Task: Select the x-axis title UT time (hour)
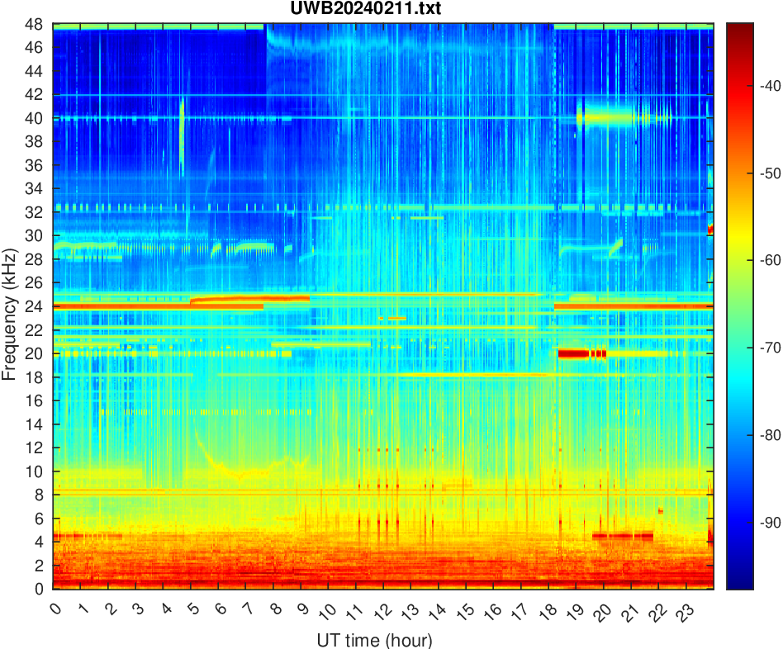pyautogui.click(x=374, y=640)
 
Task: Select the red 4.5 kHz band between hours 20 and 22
pyautogui.click(x=623, y=536)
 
